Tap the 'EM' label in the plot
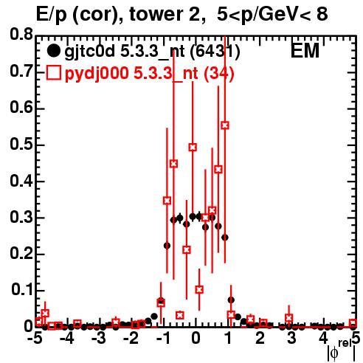coord(305,51)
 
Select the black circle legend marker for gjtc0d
coord(53,51)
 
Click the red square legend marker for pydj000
coord(53,72)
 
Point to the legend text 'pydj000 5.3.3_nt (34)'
coord(149,73)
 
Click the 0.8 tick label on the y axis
coord(21,35)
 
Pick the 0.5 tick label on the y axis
coord(21,145)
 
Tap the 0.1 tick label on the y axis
coord(22,290)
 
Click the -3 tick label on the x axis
coord(100,338)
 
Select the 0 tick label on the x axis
coord(196,338)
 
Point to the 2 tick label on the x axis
coord(260,338)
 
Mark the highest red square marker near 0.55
coord(225,125)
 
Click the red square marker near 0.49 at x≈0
coord(193,148)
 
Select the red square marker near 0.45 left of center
coord(173,164)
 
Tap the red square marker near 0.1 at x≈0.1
coord(199,290)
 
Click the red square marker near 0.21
coord(187,250)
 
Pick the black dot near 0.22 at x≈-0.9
coord(167,246)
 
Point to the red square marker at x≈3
coord(289,318)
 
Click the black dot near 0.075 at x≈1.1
coord(231,300)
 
